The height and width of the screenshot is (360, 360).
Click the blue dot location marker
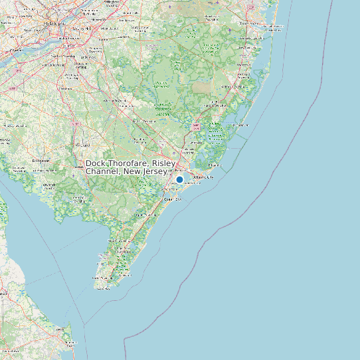click(179, 179)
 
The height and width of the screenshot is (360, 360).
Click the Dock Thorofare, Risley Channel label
click(130, 167)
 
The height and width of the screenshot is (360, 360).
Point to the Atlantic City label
click(203, 177)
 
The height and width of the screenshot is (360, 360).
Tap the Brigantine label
click(215, 164)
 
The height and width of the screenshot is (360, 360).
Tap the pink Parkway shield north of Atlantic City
click(195, 126)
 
